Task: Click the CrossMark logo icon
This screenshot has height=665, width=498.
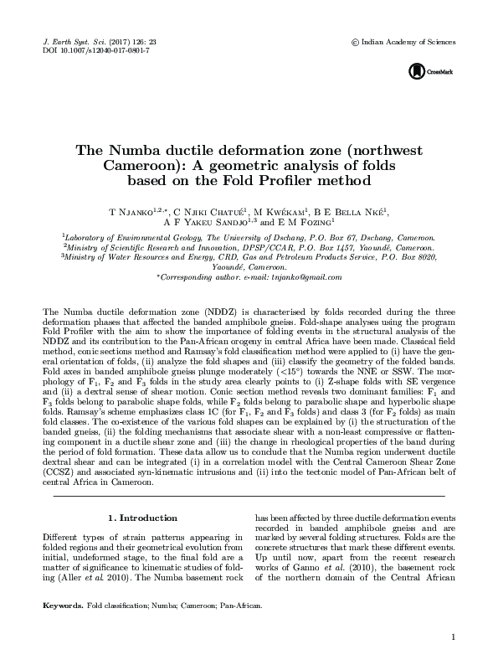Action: [x=417, y=72]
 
